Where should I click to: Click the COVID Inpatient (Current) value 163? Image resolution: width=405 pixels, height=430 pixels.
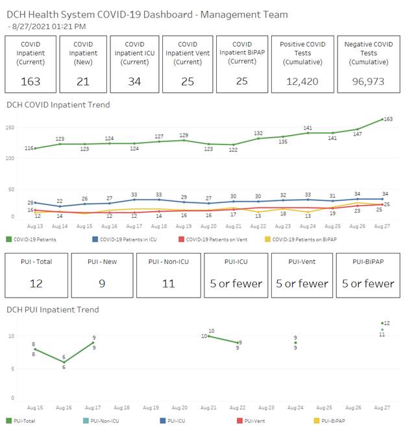tap(30, 81)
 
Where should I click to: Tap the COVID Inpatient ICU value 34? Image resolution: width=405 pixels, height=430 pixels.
tap(135, 81)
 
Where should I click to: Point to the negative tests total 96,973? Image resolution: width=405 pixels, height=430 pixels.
tap(368, 81)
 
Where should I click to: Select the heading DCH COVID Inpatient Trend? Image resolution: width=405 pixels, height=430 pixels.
tap(58, 104)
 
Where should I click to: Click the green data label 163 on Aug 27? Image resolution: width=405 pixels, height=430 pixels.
tap(388, 119)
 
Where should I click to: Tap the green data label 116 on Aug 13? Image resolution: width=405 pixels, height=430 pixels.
tap(30, 149)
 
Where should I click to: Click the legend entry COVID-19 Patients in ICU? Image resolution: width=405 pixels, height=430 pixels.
tap(129, 239)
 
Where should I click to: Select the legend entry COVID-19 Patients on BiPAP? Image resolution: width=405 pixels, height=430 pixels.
tap(305, 239)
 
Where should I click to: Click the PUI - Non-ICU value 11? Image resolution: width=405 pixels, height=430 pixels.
tap(167, 283)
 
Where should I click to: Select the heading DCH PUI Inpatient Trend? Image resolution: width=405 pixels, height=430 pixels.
tap(53, 309)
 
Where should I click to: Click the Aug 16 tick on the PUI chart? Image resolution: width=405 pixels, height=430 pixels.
tap(64, 408)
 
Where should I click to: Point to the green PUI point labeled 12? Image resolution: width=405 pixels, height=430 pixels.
tap(382, 323)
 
